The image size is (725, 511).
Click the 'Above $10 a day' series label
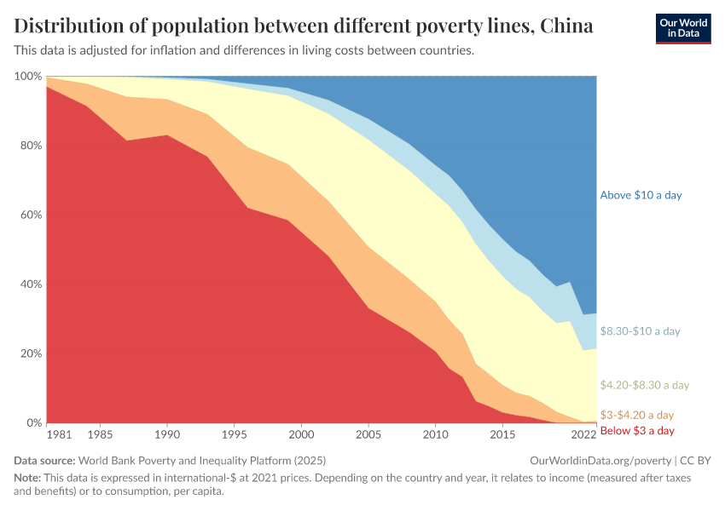(x=641, y=195)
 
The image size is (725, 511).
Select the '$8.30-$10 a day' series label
(x=641, y=330)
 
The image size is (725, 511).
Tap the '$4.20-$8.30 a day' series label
(x=644, y=385)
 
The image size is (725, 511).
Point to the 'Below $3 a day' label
(x=637, y=431)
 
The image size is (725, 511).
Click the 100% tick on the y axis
(x=28, y=77)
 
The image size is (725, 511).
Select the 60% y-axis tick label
(x=31, y=215)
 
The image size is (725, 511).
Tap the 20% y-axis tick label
(x=31, y=353)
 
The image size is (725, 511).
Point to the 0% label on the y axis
(x=34, y=422)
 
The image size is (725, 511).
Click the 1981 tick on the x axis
(x=59, y=435)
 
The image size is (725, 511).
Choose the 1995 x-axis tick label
(x=234, y=435)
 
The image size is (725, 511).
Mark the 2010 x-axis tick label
(x=435, y=435)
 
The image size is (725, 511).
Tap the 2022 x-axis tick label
(x=583, y=435)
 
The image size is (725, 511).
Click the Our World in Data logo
(x=683, y=28)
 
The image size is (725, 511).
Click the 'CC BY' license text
(x=695, y=460)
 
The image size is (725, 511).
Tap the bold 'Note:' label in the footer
(x=28, y=479)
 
